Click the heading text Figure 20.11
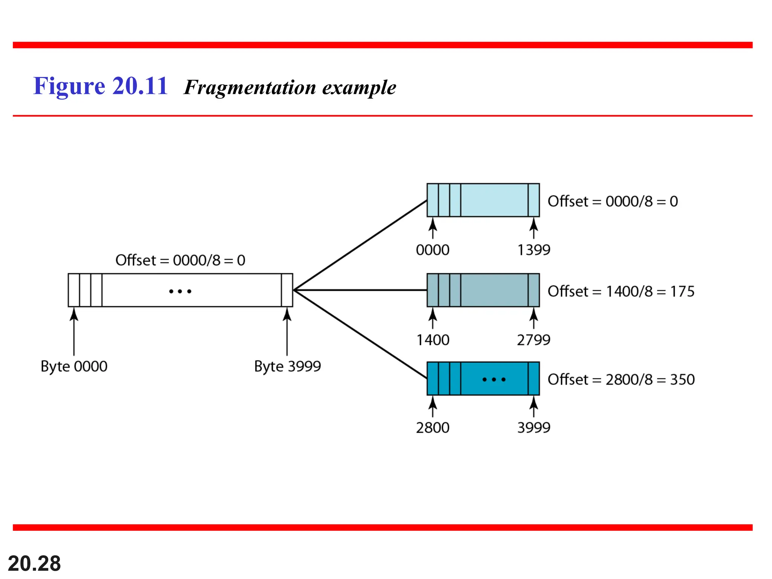(100, 86)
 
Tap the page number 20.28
(34, 564)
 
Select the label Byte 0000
(74, 366)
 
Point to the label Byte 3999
(287, 366)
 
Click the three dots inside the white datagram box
(180, 291)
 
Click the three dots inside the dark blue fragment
(494, 379)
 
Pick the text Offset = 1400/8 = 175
(621, 291)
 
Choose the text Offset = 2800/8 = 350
(621, 380)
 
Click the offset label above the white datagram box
(180, 260)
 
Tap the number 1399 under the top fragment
(533, 250)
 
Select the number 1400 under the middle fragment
(433, 340)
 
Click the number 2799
(533, 340)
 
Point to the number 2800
(433, 428)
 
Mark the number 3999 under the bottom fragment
(533, 428)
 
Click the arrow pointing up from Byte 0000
(74, 332)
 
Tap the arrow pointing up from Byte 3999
(287, 332)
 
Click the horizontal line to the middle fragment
(360, 290)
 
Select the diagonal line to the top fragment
(360, 245)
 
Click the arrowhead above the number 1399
(533, 225)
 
